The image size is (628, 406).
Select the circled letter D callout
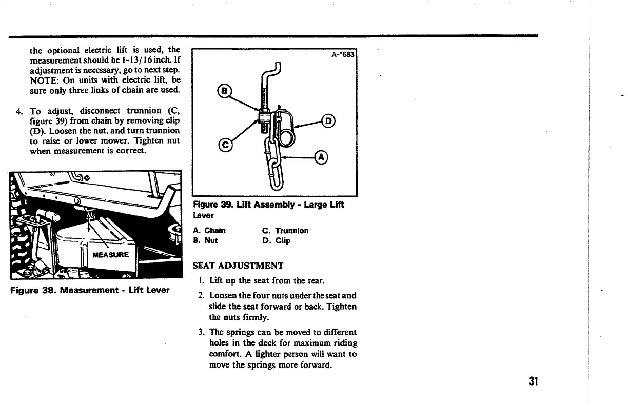pos(327,121)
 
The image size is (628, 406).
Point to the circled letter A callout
pos(322,157)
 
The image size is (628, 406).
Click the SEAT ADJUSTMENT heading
pos(238,266)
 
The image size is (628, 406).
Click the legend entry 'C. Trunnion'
pos(285,231)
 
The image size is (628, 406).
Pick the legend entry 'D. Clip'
pos(276,240)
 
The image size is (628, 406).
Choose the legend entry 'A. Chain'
pos(209,231)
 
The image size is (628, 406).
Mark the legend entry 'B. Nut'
pos(206,240)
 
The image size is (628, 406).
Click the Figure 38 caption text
pos(90,290)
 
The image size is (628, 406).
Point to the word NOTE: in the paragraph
pos(44,80)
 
